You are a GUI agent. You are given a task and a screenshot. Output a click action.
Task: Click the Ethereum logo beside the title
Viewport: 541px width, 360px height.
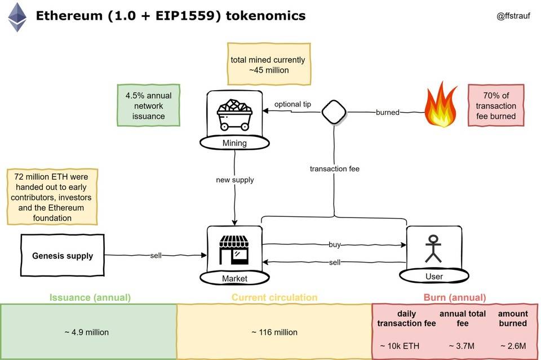[17, 17]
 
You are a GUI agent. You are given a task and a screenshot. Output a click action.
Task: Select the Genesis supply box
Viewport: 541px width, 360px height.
[63, 256]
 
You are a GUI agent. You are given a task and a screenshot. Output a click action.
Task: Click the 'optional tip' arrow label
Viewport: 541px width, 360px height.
[292, 104]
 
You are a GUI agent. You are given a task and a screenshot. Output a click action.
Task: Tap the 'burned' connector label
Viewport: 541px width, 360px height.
[388, 113]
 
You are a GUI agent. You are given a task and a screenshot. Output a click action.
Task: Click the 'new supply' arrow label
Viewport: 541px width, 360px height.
[234, 180]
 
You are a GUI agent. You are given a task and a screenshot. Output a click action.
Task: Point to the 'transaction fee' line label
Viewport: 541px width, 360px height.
[334, 168]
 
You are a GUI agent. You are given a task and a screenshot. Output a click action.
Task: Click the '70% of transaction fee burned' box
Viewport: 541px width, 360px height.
[496, 106]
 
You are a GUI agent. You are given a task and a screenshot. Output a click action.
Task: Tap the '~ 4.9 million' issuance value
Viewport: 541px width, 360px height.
[86, 332]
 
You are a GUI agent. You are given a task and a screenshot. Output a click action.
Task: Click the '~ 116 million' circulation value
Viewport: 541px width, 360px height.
[274, 332]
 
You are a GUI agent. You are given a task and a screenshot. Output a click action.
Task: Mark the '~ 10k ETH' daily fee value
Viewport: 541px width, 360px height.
[399, 345]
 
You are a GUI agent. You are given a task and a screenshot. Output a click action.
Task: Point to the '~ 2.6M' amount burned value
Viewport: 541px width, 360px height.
[512, 345]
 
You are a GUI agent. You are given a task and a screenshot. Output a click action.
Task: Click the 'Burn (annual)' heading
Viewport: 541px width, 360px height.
[454, 297]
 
